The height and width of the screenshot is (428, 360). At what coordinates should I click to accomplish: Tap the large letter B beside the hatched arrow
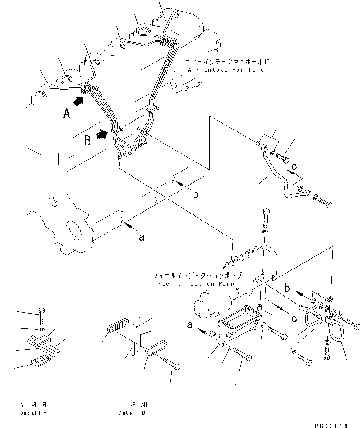(87, 140)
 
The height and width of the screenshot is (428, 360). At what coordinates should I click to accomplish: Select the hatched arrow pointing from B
(101, 135)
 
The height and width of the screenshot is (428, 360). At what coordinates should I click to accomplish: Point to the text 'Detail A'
(34, 413)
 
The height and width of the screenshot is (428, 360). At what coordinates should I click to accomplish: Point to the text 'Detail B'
(132, 413)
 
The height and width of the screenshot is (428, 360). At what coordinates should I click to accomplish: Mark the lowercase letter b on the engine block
(195, 194)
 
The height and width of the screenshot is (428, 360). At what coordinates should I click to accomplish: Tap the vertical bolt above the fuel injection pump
(265, 214)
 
